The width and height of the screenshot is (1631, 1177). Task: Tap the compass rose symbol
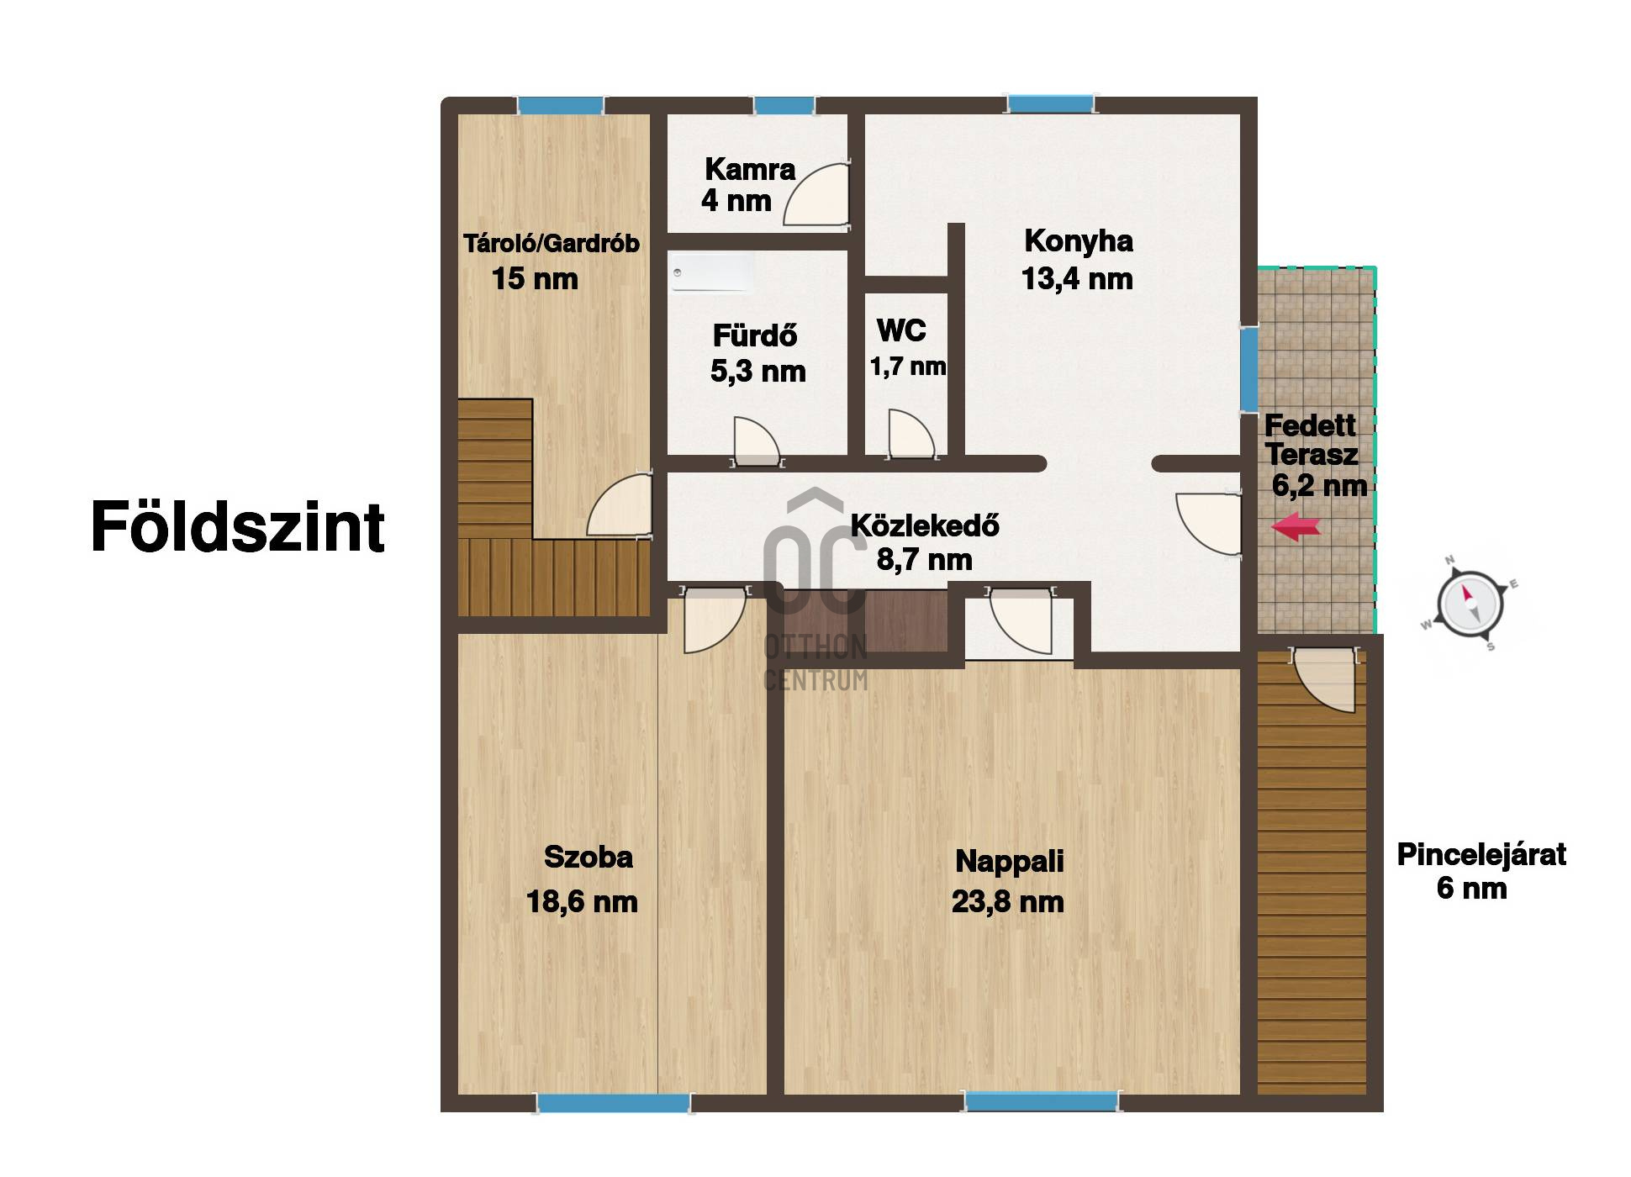tap(1469, 603)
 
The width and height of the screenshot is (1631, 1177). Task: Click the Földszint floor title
tap(237, 527)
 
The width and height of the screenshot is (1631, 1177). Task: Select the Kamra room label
tap(749, 169)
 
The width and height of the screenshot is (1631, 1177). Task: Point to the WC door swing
tap(910, 435)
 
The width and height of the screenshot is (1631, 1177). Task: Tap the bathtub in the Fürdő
tap(710, 275)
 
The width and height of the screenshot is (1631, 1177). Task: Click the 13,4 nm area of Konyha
tap(1077, 279)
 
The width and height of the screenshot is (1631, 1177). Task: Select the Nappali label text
tap(1009, 861)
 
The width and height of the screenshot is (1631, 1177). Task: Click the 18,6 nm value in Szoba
tap(582, 902)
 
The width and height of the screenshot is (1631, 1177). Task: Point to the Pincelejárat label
tap(1481, 855)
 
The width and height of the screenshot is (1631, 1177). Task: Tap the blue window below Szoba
tap(613, 1102)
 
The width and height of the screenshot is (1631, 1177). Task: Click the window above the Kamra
tap(784, 106)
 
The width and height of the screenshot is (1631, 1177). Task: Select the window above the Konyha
tap(1051, 104)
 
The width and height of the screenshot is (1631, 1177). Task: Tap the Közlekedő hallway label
tap(925, 526)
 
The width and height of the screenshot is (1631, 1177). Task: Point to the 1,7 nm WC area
tap(908, 367)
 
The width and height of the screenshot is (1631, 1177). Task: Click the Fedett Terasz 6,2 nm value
tap(1318, 486)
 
